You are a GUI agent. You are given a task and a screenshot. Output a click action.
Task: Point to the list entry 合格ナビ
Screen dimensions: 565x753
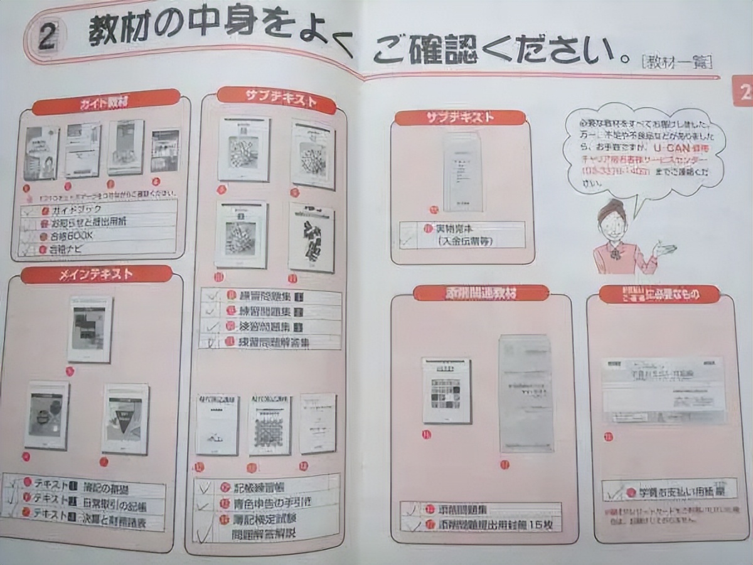point(68,249)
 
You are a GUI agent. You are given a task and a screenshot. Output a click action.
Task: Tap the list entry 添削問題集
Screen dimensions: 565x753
point(464,509)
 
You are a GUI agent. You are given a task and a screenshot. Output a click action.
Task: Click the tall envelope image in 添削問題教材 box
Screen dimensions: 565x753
point(526,394)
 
